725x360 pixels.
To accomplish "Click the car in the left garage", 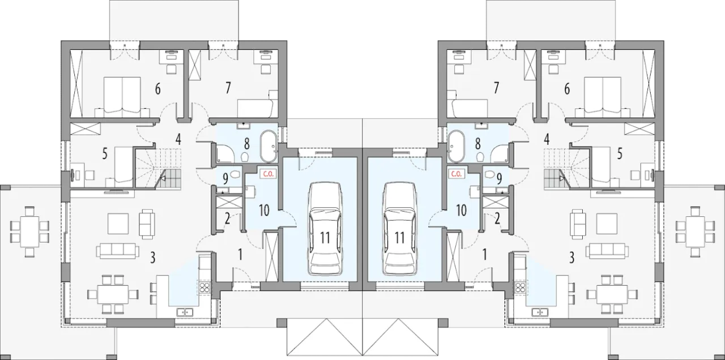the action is (x=325, y=229).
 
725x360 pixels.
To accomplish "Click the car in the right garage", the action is (x=399, y=229).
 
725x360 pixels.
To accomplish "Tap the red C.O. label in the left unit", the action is (x=268, y=174).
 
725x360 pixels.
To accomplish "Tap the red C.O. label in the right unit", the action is (x=456, y=174).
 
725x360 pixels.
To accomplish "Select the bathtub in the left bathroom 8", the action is (x=268, y=146).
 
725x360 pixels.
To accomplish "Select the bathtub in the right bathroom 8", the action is (x=456, y=146).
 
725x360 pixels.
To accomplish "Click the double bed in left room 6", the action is (x=122, y=97).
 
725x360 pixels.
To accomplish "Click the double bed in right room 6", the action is (x=602, y=97).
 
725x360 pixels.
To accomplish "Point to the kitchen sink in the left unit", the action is (x=185, y=312).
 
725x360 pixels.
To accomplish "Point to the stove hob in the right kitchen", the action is (x=520, y=288).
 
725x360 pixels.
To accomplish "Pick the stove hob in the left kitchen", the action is (x=204, y=288).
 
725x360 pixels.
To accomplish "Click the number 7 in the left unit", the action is (x=228, y=88).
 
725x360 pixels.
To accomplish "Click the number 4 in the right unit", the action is (x=547, y=140).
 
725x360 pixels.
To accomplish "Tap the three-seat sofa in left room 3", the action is (x=117, y=251).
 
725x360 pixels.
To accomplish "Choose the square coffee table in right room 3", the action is (x=607, y=224).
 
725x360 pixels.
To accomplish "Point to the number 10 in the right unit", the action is (x=461, y=210).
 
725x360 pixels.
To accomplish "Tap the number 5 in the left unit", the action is (x=105, y=154).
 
